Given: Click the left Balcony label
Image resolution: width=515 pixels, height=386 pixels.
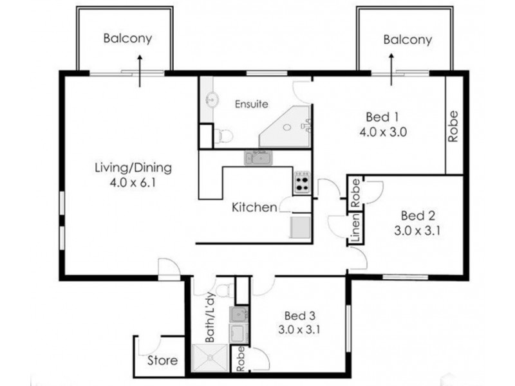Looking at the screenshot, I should pos(128,38).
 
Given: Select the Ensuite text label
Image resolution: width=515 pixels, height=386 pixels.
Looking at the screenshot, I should pos(250,103).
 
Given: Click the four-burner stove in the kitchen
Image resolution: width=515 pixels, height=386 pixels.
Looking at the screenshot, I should pos(302,183).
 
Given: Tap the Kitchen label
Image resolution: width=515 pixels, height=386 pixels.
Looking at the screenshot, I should pos(254,207).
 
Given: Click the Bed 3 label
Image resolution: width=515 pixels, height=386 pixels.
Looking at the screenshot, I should pos(299,317).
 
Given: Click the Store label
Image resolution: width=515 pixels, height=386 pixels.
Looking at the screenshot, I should pos(162,360).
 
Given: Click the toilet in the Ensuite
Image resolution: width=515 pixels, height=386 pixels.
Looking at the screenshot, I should pos(222,136).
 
